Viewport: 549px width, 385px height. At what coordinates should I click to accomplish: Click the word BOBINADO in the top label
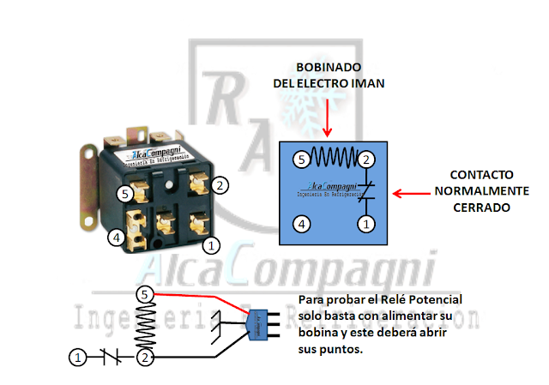(x=329, y=67)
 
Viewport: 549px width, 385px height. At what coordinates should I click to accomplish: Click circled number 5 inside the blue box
(x=300, y=159)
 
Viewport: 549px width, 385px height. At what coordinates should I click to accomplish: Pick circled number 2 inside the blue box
(x=365, y=159)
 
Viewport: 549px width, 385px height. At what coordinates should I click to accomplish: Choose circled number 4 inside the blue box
(x=300, y=224)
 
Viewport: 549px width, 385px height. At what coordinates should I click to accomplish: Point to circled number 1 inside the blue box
(x=365, y=224)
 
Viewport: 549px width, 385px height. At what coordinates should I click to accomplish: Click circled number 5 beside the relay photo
(x=124, y=194)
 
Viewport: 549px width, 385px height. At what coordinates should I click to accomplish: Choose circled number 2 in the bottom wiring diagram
(x=146, y=356)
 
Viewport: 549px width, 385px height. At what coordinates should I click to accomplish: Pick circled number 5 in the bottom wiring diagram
(x=146, y=294)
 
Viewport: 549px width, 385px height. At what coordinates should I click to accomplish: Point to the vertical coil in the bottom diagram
(x=146, y=325)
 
